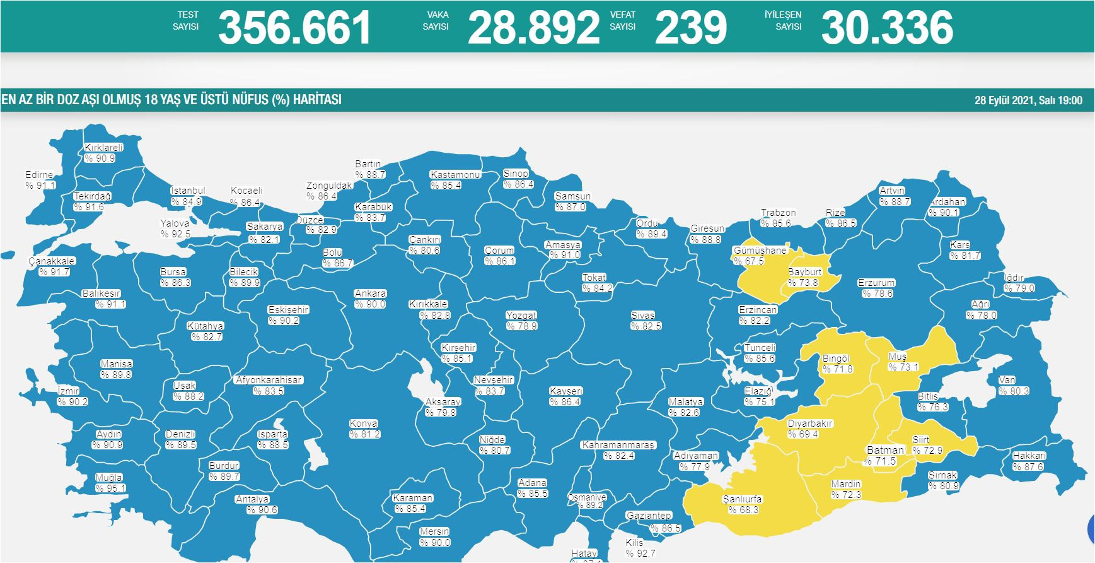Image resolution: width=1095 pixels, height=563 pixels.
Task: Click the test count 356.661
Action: point(294,28)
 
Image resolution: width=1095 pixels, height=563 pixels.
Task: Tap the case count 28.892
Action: point(533,28)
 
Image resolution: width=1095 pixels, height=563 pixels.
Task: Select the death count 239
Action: point(690,28)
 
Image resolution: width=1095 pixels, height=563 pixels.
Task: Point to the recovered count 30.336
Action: point(887,28)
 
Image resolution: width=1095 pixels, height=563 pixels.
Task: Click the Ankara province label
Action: point(370,293)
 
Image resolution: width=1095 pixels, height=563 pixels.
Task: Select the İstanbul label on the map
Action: point(188,191)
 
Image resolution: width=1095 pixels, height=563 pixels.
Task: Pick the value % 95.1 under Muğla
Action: point(111,488)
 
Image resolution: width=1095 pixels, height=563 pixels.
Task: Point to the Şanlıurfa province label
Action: point(743,499)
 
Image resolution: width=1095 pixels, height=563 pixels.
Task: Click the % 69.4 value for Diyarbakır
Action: point(803,434)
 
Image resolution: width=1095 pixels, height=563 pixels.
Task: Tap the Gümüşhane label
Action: point(760,250)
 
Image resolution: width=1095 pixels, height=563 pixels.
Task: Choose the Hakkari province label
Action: point(1029,456)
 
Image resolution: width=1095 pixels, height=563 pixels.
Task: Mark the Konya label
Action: point(364,424)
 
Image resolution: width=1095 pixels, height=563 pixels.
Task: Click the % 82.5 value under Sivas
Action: point(646,326)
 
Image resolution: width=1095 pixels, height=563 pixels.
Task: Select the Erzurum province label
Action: point(876,283)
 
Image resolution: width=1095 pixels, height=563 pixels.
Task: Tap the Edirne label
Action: point(39,175)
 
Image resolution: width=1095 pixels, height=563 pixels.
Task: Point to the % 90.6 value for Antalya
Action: point(262,510)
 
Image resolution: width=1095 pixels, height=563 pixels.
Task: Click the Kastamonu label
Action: point(455,175)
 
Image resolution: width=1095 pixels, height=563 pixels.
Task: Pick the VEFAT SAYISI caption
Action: point(623,20)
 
